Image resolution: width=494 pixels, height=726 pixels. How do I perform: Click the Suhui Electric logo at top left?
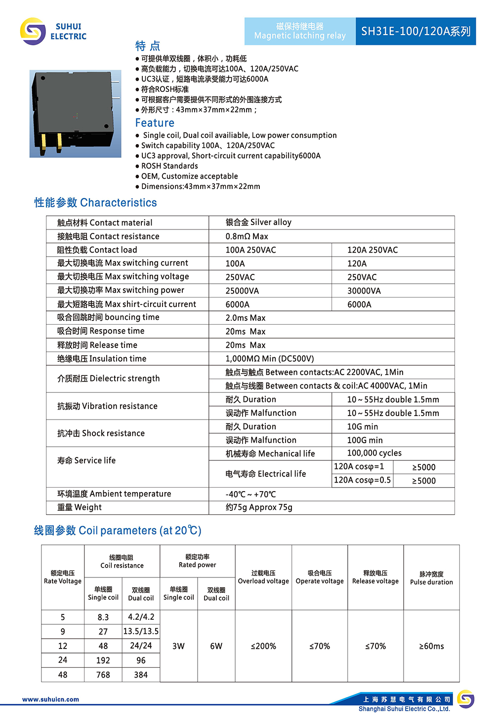pos(53,32)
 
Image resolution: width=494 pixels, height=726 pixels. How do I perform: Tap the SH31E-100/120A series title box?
pos(415,32)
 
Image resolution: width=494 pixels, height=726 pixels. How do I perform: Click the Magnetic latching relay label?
pos(300,32)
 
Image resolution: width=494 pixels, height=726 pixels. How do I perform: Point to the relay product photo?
pos(75,114)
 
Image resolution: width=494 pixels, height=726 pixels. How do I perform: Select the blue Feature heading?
pos(155,123)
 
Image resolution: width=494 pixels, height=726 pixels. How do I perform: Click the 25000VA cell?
pos(242,291)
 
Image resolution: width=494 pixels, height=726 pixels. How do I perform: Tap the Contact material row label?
pos(105,223)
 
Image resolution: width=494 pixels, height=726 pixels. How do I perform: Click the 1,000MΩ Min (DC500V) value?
pos(270,359)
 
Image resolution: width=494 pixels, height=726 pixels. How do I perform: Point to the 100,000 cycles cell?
pos(374,453)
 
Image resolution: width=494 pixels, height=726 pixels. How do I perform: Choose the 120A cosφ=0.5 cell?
pos(362,480)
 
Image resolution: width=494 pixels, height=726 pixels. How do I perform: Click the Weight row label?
pos(80,507)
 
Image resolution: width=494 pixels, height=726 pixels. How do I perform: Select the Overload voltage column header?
pos(263,577)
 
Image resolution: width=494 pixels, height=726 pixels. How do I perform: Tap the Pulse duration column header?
pos(431,578)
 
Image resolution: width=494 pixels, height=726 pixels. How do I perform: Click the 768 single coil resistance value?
pos(103,675)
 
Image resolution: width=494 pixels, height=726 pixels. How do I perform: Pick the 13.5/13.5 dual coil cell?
pos(141,631)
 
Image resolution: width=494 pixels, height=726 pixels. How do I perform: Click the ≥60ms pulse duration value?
pos(431,646)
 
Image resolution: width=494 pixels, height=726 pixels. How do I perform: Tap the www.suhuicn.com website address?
pos(50,699)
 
